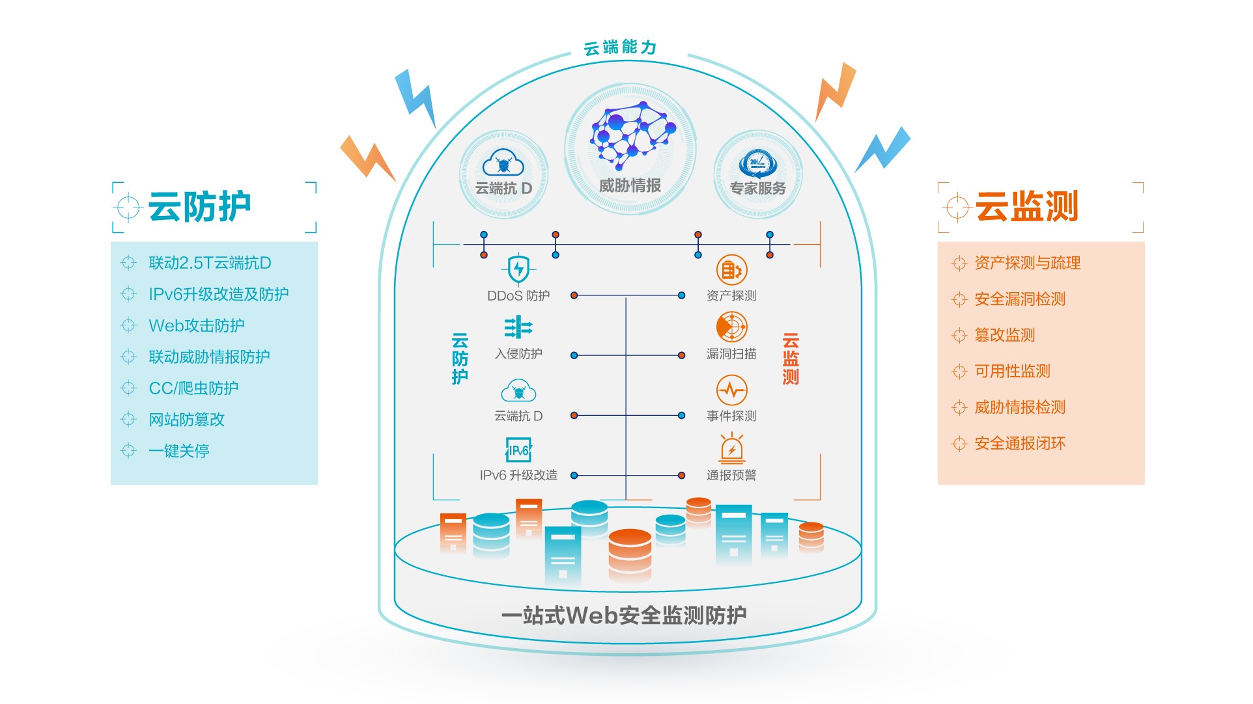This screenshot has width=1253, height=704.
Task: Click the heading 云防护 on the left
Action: tap(199, 207)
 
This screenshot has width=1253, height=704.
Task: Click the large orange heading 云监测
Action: tap(1026, 207)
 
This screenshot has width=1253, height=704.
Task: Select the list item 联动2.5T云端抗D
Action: tap(210, 263)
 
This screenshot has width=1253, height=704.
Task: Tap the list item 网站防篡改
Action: tap(186, 420)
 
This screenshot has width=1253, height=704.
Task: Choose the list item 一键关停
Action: tap(178, 451)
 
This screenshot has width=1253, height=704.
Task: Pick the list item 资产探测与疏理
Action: tap(1027, 263)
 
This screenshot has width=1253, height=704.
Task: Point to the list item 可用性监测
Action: tap(1012, 372)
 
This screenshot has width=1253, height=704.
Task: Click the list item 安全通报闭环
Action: tap(1019, 444)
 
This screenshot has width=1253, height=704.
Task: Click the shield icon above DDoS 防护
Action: tap(518, 269)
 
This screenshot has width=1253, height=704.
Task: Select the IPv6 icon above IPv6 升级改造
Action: tap(518, 450)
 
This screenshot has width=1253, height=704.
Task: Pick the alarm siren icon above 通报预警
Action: tap(732, 448)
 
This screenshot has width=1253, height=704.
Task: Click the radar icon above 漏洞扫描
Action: tap(731, 327)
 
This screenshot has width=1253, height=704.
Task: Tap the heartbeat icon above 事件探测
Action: tap(731, 390)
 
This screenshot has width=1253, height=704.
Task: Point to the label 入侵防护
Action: tap(518, 354)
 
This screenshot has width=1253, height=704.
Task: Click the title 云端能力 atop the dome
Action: tap(620, 47)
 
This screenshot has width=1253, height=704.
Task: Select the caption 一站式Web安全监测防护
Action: tap(624, 616)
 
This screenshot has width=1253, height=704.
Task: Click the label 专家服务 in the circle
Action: tap(757, 189)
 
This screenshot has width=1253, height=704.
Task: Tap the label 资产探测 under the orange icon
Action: tap(731, 296)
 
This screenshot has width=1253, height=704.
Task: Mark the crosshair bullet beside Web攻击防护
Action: tap(128, 325)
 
